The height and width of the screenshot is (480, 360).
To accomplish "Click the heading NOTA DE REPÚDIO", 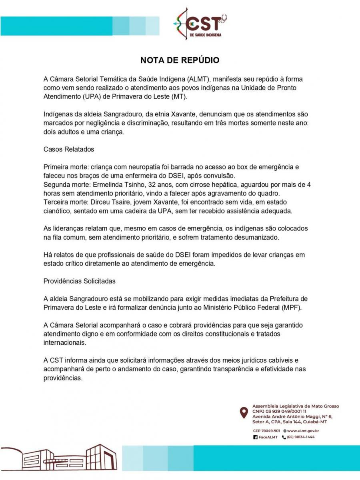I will [180, 60].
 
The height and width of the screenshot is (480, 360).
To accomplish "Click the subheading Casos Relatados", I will [68, 149].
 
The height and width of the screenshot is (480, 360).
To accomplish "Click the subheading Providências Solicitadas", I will [79, 281].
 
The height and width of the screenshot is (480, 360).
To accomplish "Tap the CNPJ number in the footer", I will [279, 411].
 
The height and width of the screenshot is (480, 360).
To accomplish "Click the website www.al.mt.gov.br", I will [302, 431].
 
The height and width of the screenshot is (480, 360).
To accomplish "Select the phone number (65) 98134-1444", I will [298, 437].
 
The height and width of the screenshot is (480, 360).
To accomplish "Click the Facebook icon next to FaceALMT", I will [255, 438].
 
